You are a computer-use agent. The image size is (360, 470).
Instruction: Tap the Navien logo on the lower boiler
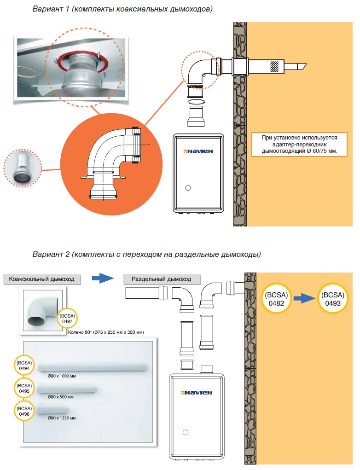tap(197, 393)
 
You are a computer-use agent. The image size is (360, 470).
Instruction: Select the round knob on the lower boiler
tap(186, 432)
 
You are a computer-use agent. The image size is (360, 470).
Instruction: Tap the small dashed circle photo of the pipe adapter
tap(23, 166)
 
